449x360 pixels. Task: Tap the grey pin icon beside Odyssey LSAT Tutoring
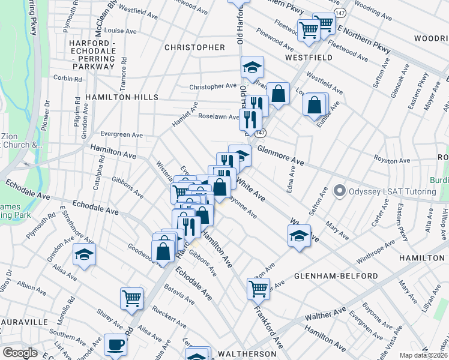(x=340, y=191)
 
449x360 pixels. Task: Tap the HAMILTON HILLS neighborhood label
(x=121, y=97)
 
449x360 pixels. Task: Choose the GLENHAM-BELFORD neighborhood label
(x=336, y=276)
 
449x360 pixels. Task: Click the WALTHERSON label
(x=247, y=354)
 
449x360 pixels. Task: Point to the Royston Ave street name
(x=391, y=160)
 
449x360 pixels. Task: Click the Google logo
(x=20, y=353)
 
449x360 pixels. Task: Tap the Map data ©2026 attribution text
(x=423, y=355)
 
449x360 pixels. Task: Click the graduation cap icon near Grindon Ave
(x=85, y=255)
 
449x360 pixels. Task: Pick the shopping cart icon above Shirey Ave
(x=131, y=298)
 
